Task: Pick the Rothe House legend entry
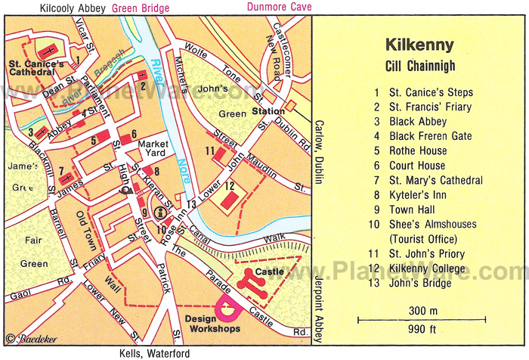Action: [418, 151]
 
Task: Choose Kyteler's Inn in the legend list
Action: [420, 194]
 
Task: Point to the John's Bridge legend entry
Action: [423, 283]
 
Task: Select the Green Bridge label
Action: [141, 9]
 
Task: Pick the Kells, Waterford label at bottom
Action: [155, 353]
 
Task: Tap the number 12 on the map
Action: [227, 186]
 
